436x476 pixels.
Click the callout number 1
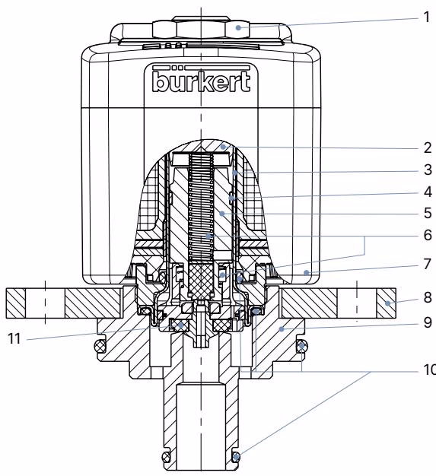[x=427, y=17]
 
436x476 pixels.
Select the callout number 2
[x=428, y=148]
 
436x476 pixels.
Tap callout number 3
[x=428, y=170]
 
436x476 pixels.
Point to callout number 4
[x=428, y=192]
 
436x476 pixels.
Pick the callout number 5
[x=428, y=213]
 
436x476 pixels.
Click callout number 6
[x=428, y=235]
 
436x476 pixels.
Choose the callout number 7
[x=428, y=264]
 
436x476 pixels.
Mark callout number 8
[x=428, y=297]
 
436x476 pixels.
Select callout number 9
[x=428, y=322]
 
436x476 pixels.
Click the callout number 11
[x=14, y=338]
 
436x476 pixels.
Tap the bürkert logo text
[x=202, y=81]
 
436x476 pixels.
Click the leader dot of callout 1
[x=238, y=27]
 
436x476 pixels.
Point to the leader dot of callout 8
[x=388, y=303]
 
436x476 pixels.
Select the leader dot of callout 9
[x=282, y=328]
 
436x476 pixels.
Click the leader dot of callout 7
[x=307, y=272]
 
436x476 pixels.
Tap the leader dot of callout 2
[x=223, y=147]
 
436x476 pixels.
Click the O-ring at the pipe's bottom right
[x=237, y=456]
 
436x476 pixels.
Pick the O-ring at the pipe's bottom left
[x=166, y=456]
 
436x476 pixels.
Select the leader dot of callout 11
[x=181, y=325]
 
